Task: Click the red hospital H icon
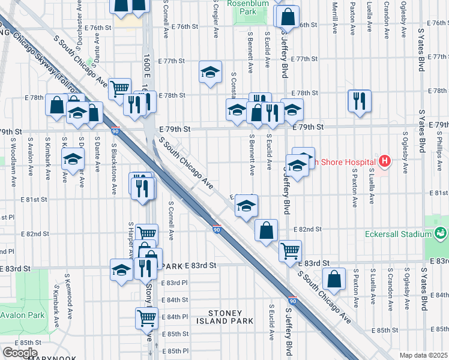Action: (x=385, y=161)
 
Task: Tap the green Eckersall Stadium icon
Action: (x=441, y=232)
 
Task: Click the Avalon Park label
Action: (x=22, y=315)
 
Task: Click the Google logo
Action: (x=20, y=353)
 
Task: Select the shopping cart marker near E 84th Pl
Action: (x=146, y=317)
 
